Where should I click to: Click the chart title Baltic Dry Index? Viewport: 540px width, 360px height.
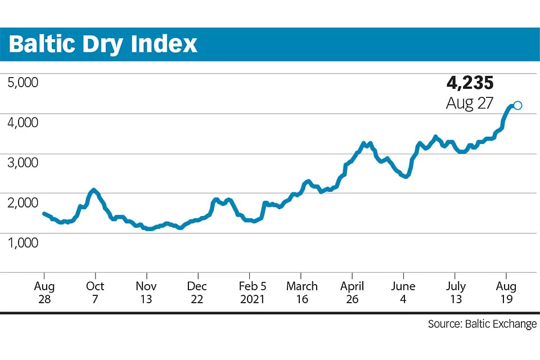click(x=103, y=44)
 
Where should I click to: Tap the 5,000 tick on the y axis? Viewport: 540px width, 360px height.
click(x=22, y=82)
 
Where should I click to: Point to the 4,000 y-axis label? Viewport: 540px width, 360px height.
click(x=22, y=122)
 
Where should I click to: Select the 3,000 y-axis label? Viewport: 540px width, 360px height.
click(x=22, y=162)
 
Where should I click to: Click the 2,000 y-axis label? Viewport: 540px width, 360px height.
click(x=22, y=202)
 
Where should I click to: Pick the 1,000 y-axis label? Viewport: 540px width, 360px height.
click(x=22, y=242)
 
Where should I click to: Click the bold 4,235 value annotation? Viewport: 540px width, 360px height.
click(x=470, y=83)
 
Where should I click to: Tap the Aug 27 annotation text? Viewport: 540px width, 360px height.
click(x=470, y=103)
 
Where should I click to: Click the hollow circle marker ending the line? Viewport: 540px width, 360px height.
click(x=517, y=105)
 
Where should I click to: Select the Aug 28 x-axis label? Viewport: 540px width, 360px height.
click(x=44, y=292)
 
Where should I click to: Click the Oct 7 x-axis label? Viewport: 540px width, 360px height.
click(x=95, y=292)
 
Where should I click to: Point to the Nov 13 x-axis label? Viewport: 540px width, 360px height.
click(x=146, y=292)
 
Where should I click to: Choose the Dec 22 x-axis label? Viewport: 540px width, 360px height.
click(x=197, y=292)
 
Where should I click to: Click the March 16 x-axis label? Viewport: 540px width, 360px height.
click(x=301, y=292)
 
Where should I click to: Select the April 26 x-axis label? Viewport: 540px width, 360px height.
click(x=352, y=292)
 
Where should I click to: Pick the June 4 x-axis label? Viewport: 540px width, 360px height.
click(x=403, y=292)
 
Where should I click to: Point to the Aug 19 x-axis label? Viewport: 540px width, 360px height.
click(x=506, y=292)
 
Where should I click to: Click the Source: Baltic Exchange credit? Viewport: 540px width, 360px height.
click(x=482, y=324)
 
